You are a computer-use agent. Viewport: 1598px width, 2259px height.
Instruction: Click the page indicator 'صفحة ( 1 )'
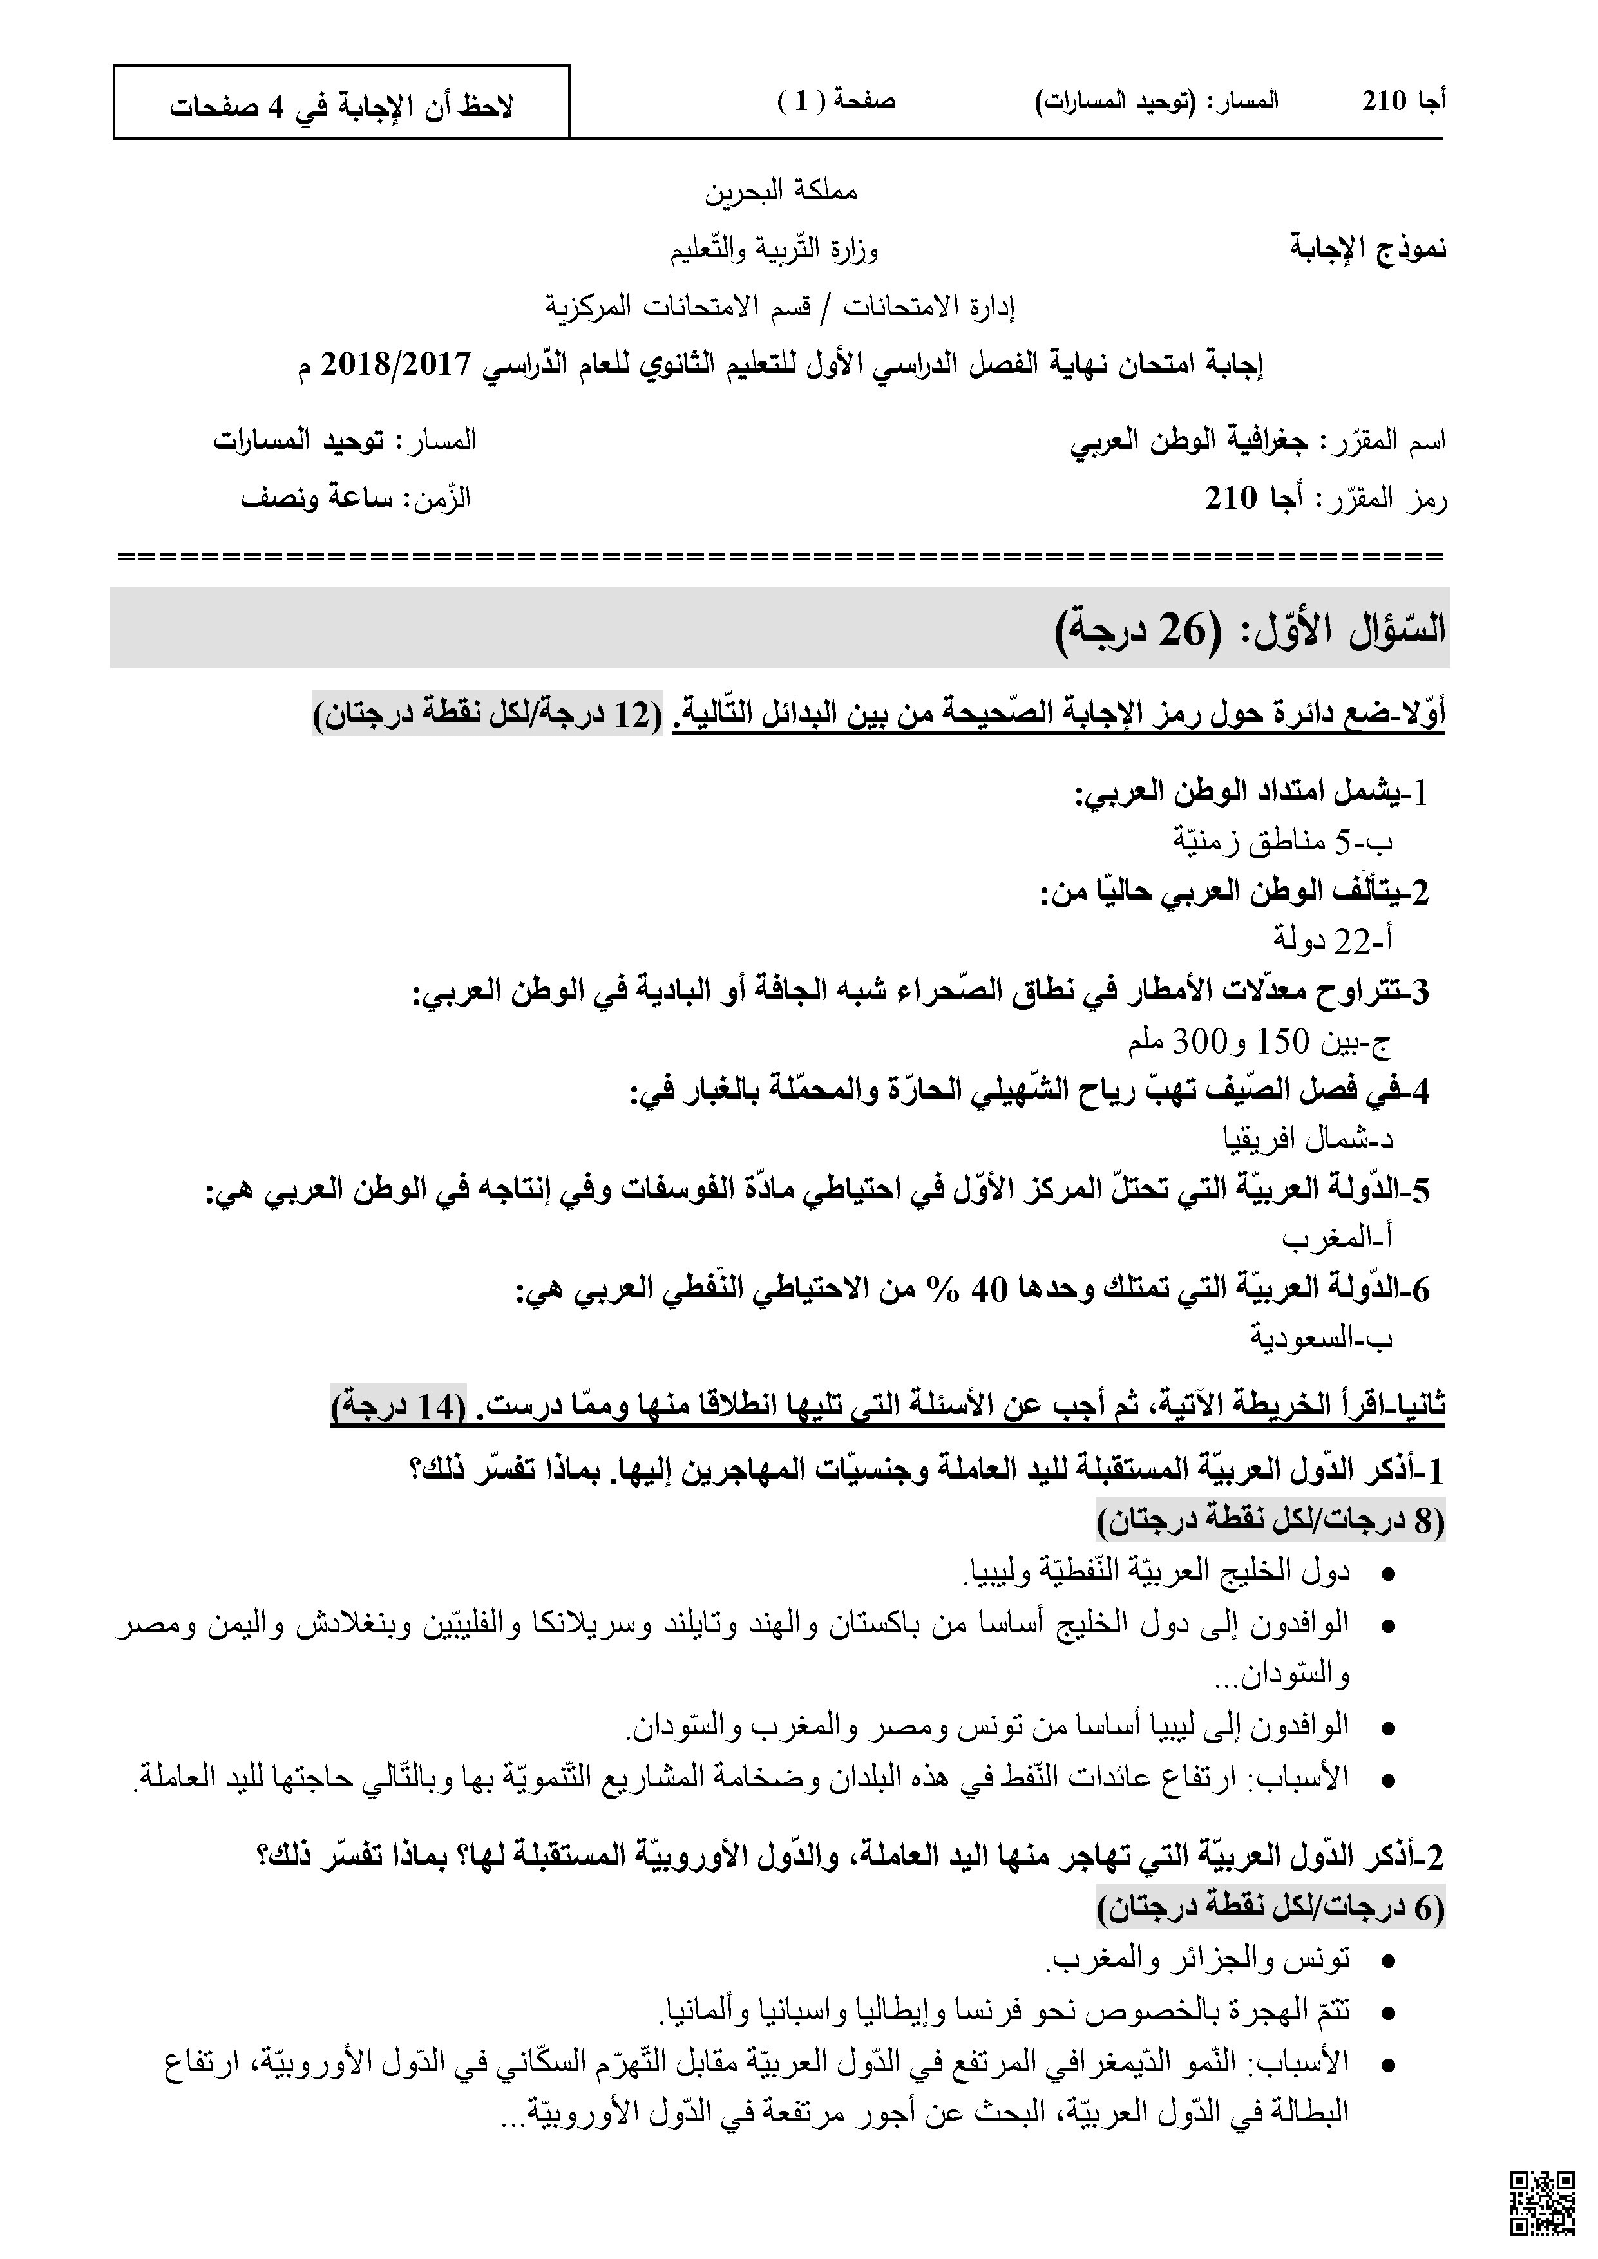pos(837,100)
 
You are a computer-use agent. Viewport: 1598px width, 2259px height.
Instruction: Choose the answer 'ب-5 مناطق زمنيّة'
pos(1283,841)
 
